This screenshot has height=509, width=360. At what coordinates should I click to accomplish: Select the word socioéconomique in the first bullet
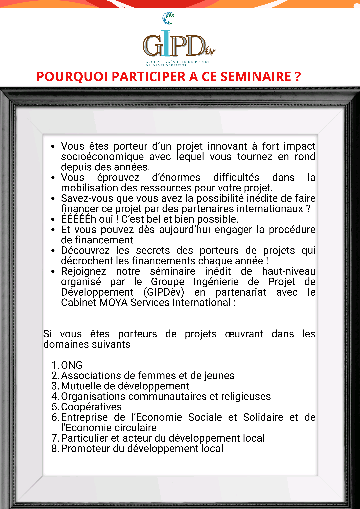(102, 157)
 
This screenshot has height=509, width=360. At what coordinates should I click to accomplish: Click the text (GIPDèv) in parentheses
(164, 292)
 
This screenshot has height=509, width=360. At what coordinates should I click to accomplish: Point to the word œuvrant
(244, 334)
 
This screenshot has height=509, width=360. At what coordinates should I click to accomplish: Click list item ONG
(72, 365)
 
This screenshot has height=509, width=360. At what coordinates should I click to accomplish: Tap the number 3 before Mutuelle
(55, 386)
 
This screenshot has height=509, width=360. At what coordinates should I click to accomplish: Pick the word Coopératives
(91, 407)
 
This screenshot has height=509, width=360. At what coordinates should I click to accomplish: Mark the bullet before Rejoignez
(53, 272)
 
